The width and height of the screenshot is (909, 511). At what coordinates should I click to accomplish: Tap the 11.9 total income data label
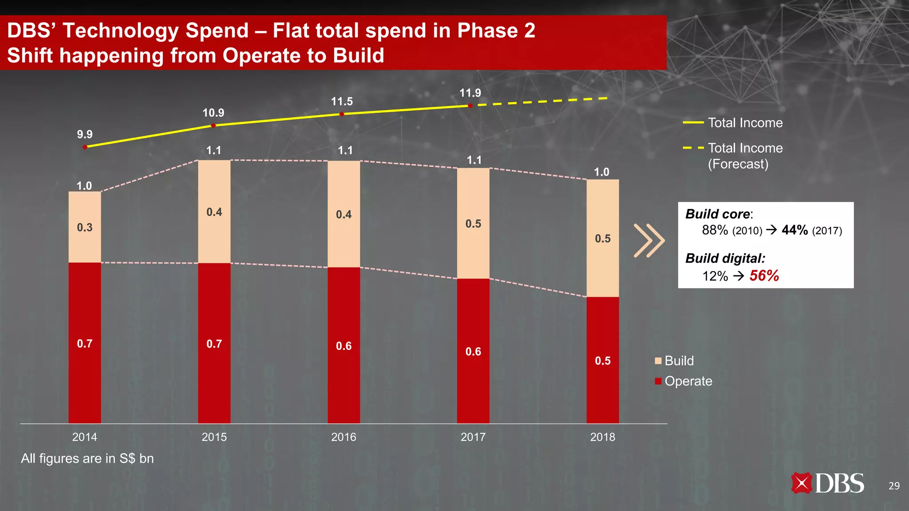[470, 93]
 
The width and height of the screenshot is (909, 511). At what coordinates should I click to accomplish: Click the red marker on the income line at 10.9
[213, 126]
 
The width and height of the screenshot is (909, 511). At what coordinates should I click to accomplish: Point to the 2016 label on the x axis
[343, 437]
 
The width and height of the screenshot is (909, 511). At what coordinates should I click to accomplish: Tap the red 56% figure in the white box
[764, 275]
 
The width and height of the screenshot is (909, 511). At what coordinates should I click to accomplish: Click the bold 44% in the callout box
[794, 230]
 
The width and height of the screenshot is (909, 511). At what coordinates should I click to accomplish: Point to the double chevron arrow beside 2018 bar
[649, 240]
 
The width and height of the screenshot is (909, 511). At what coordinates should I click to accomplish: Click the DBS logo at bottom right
[827, 483]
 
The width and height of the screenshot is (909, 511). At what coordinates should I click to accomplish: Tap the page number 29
[894, 486]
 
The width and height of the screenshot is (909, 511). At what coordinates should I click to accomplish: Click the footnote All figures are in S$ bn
[87, 458]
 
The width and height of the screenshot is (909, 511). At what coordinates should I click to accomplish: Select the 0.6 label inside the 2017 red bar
[473, 352]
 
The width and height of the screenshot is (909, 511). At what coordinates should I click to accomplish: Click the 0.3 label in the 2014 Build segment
[84, 228]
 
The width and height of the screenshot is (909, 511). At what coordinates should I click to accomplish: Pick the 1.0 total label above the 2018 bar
[601, 172]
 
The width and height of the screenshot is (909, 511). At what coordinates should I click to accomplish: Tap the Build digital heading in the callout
[725, 258]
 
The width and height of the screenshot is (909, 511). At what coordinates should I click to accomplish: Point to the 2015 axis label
[214, 437]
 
